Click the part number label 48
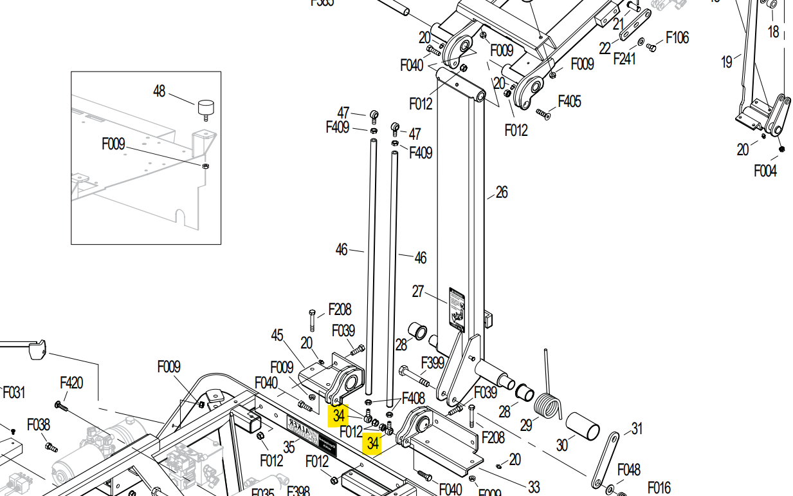159,91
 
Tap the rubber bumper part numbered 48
205,107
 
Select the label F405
569,101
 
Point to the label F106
677,37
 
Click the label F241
624,59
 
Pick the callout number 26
502,192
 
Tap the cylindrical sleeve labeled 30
582,426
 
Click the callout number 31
637,428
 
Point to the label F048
628,470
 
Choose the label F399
432,363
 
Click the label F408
413,399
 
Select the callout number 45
277,336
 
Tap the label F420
71,383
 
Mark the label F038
38,424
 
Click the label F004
765,171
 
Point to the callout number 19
726,62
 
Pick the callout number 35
289,446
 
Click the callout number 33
533,487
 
